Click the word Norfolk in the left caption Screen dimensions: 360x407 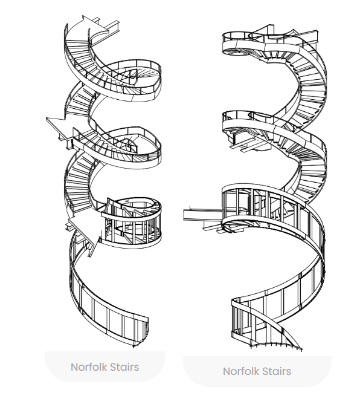[x=89, y=367]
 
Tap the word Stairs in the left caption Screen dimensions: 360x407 [x=124, y=367]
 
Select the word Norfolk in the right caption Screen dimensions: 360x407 [x=241, y=371]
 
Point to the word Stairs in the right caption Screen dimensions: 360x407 [x=276, y=371]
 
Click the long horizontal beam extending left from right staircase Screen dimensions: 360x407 [x=203, y=215]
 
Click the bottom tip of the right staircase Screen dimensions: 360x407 [x=301, y=350]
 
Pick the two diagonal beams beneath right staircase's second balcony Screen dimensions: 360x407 [x=246, y=145]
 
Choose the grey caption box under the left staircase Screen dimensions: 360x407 [x=105, y=366]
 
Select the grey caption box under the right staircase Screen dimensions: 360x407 [x=257, y=371]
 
